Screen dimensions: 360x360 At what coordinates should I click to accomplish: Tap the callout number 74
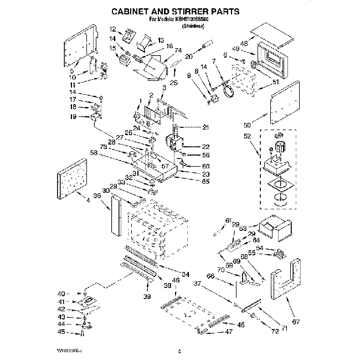pos(178,50)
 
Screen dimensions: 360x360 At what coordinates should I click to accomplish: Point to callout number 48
pos(244,44)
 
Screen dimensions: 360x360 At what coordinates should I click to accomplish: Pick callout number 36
pos(97,196)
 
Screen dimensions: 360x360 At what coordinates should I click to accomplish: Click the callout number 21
pos(205,127)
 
